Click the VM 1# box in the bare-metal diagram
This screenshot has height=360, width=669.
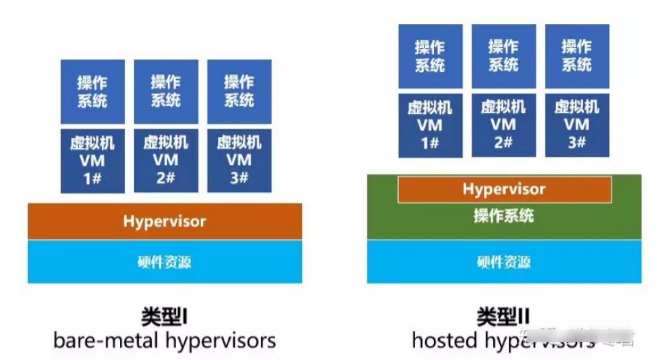[93, 161]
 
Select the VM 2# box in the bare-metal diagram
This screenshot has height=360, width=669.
[166, 161]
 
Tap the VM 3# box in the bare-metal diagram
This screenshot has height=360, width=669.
[239, 161]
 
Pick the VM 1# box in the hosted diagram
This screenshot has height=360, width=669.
[430, 125]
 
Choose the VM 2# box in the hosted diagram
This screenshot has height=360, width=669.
[503, 125]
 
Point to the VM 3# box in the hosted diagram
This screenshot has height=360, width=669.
[577, 125]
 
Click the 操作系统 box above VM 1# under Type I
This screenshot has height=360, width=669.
[93, 91]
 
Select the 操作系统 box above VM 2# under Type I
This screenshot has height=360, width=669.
[166, 91]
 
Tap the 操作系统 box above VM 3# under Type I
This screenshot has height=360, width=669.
[239, 91]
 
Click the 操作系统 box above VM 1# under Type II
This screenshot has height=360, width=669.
[430, 56]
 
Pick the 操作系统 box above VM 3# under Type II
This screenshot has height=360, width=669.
[577, 56]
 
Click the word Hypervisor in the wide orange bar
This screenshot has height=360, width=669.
[165, 221]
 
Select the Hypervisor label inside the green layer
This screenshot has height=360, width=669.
[504, 189]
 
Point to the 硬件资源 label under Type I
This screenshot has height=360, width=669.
[165, 262]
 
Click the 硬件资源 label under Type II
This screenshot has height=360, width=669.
[504, 262]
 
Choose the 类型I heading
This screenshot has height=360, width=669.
[165, 317]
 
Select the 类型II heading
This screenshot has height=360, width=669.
[503, 317]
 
